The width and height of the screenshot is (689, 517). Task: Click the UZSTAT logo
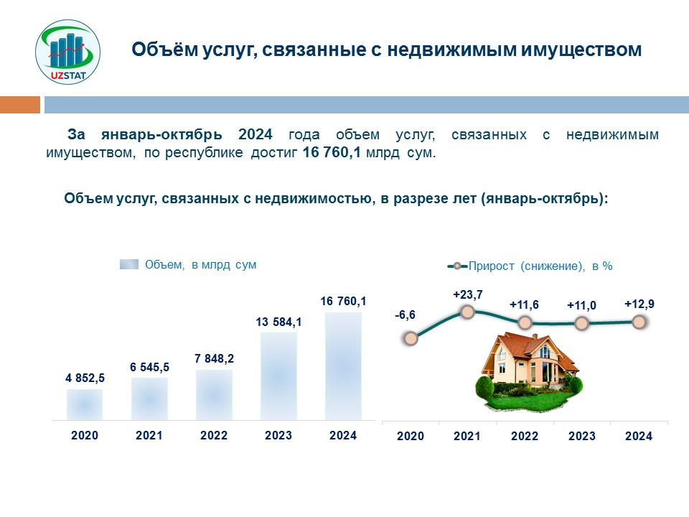click(67, 52)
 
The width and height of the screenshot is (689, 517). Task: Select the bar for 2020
click(85, 404)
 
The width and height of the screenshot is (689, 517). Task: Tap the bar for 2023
click(278, 376)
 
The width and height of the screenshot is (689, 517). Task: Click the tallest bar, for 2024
click(343, 366)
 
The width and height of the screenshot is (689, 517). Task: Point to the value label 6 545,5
click(149, 367)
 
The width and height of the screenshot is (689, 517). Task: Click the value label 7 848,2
click(214, 359)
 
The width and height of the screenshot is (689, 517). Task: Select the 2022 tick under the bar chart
click(214, 435)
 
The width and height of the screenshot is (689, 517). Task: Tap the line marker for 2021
click(467, 312)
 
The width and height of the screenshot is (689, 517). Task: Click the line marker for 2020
click(411, 338)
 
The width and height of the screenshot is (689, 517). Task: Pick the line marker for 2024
click(639, 322)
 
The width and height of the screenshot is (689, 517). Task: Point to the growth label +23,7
click(467, 294)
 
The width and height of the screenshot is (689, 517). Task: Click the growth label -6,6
click(405, 315)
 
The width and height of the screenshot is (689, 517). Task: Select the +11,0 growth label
click(581, 306)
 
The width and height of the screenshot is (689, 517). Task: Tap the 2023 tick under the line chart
click(582, 436)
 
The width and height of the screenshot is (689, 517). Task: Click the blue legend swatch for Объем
click(129, 264)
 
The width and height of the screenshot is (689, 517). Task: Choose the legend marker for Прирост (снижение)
click(457, 266)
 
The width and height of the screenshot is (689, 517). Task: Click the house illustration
click(529, 372)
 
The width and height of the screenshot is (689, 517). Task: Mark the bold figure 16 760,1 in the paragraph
click(332, 152)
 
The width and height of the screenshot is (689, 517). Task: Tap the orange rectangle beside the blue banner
click(20, 105)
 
